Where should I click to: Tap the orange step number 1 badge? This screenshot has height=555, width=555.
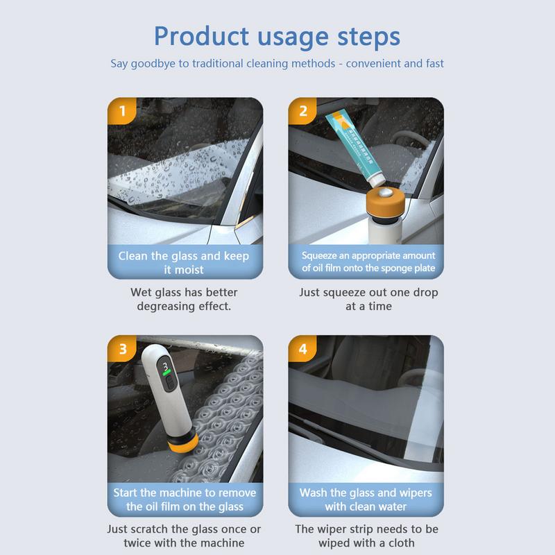coord(123,110)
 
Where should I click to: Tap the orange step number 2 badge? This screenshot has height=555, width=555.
coord(303,110)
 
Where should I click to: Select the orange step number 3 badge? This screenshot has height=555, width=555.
coord(123,348)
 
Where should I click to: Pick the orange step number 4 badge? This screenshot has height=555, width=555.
coord(303,348)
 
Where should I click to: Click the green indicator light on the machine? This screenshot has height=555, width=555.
coord(166,379)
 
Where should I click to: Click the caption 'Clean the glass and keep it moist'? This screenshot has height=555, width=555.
coord(184,262)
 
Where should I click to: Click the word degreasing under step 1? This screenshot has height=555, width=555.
coord(166,306)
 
